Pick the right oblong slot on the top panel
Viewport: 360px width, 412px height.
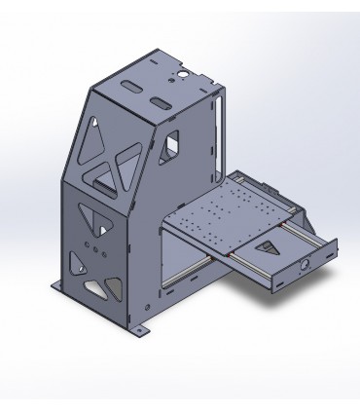click(x=158, y=102)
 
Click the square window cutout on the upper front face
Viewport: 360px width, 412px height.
click(x=173, y=144)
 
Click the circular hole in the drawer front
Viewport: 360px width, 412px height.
click(x=306, y=263)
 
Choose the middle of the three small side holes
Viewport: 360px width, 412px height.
click(x=94, y=249)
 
